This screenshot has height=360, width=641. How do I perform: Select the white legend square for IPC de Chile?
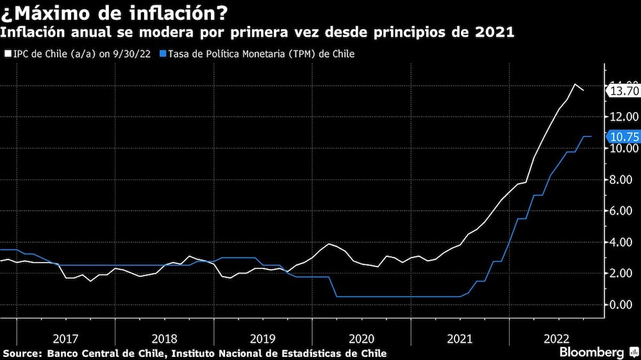coord(7,54)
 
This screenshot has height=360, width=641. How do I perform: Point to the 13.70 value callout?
coord(623,91)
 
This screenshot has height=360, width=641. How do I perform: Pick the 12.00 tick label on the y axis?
coord(622,117)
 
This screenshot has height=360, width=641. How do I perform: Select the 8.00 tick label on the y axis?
coord(622,180)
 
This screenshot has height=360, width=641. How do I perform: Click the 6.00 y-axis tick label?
coord(622,211)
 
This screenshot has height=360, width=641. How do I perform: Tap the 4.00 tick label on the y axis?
coord(622,242)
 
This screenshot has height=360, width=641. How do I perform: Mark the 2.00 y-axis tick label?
coord(622,274)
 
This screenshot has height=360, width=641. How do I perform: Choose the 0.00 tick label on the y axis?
coord(622,305)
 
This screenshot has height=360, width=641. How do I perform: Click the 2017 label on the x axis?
coord(66,338)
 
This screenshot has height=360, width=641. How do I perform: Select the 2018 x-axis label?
coord(165,338)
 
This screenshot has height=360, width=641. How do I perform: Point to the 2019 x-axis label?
coord(263,338)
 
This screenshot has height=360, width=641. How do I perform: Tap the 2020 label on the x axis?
coord(362,338)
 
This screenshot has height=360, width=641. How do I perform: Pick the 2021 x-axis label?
coord(460,338)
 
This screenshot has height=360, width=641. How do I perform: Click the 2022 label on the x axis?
coord(558,338)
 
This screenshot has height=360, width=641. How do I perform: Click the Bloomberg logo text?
coord(592,352)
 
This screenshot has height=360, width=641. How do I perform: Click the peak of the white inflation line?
coord(574,85)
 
